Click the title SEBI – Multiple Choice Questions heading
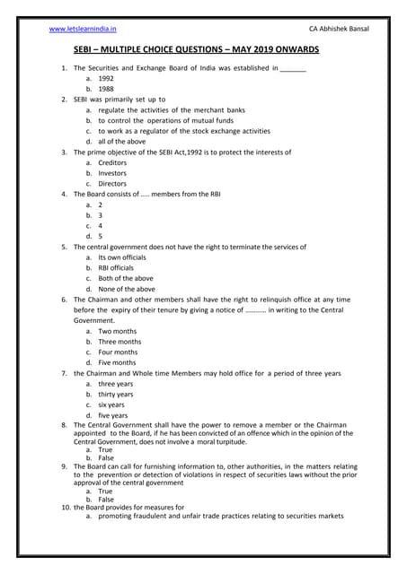pos(203,53)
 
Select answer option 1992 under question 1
pos(106,79)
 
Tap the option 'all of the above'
pos(121,141)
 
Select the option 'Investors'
pos(113,173)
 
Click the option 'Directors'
pos(113,184)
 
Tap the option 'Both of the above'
pos(126,278)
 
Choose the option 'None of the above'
pos(127,289)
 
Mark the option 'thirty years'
pos(116,394)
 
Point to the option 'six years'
pos(112,404)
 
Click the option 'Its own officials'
pos(121,257)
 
